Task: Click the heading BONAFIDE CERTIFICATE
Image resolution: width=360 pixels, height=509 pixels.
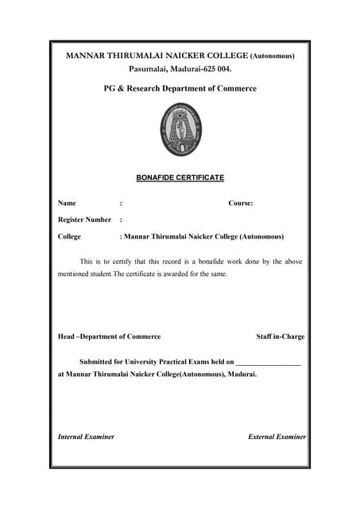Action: click(180, 177)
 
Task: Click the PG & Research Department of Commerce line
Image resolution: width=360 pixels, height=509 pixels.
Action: click(180, 88)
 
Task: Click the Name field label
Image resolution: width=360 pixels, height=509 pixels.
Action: click(67, 204)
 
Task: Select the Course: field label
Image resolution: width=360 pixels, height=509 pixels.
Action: click(241, 204)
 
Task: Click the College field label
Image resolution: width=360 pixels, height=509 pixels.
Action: click(69, 236)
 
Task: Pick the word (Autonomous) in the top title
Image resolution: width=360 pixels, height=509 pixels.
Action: click(273, 56)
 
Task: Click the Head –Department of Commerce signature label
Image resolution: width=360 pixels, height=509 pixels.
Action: click(109, 336)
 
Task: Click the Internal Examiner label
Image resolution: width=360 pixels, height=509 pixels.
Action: click(86, 437)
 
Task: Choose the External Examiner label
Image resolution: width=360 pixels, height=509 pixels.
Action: click(277, 437)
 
